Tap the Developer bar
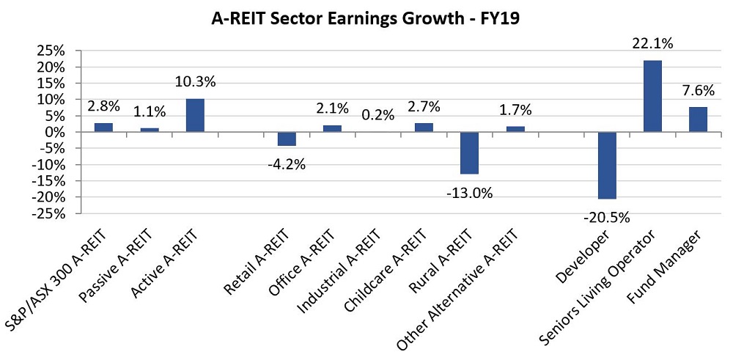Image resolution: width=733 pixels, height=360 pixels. tap(607, 165)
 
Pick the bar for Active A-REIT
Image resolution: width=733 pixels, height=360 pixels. tap(195, 115)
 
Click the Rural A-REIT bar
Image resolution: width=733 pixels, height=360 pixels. tap(469, 153)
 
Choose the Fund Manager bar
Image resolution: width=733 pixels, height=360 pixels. tap(698, 120)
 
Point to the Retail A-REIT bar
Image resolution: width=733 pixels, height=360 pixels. tap(287, 139)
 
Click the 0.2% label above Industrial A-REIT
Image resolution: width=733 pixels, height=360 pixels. tap(378, 114)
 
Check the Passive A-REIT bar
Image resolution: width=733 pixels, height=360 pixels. tap(150, 130)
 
